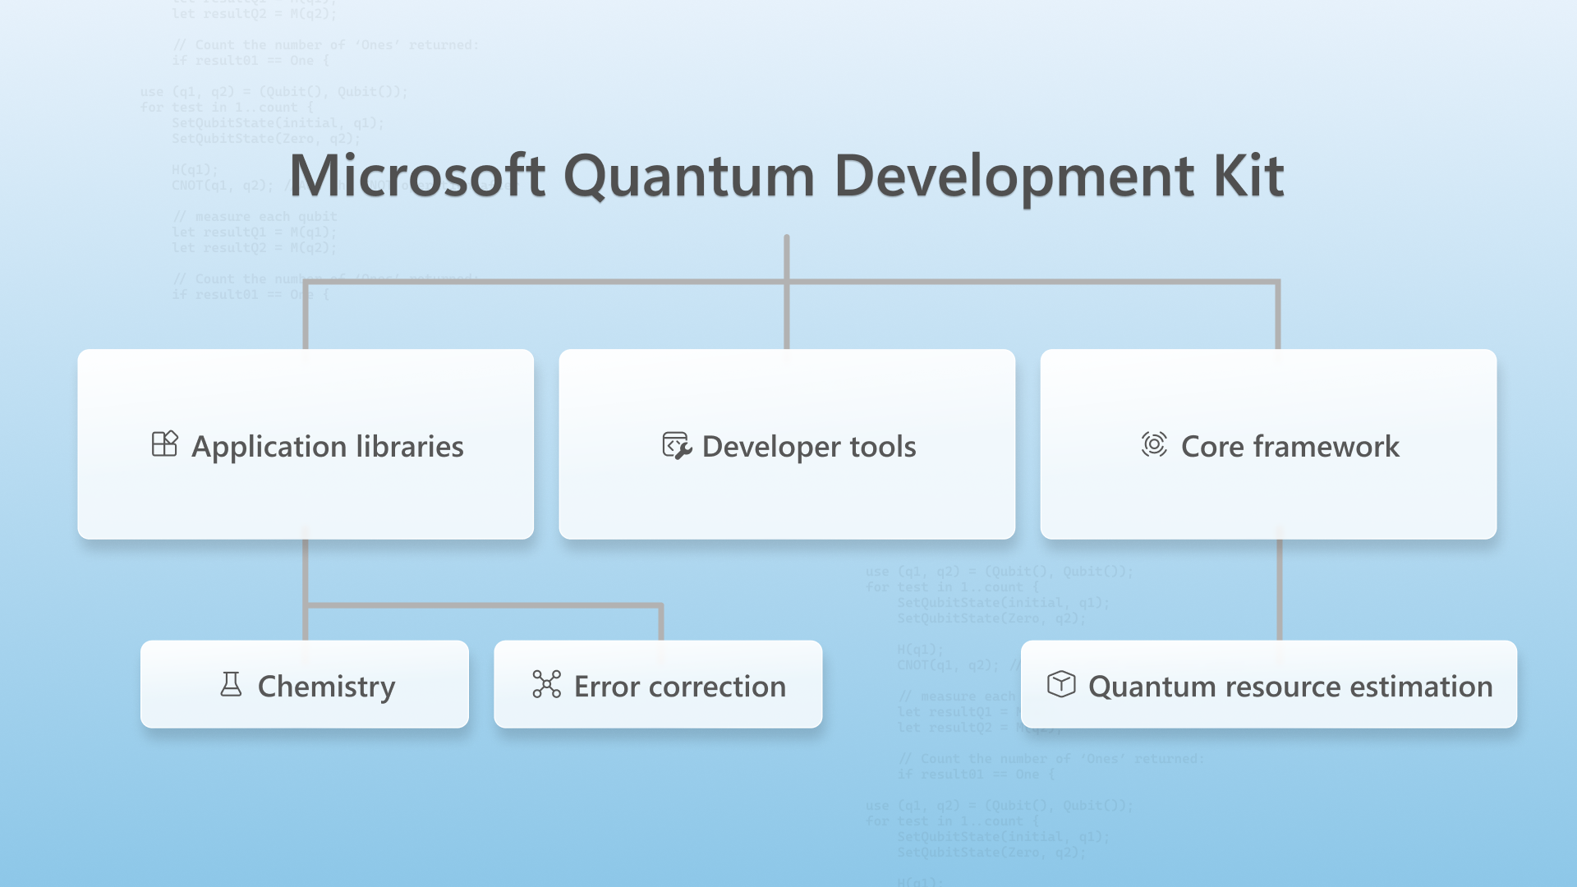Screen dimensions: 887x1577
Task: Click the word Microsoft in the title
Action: [417, 176]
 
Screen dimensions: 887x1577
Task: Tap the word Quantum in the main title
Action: [689, 176]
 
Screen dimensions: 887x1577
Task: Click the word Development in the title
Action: [1014, 176]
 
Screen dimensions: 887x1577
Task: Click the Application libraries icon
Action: [164, 444]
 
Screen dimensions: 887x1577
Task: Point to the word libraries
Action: [410, 446]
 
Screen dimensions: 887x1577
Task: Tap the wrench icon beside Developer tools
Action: [677, 446]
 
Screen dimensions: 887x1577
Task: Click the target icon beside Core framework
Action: [1154, 444]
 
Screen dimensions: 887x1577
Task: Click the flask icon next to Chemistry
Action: [231, 684]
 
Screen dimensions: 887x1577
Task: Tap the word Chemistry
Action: [326, 687]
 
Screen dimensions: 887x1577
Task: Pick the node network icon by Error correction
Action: [546, 684]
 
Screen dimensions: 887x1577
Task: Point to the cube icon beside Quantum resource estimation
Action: [1061, 683]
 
